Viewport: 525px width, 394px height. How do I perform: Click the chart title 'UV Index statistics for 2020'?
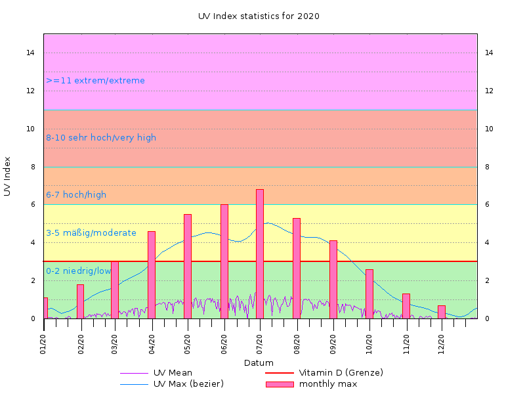click(x=259, y=16)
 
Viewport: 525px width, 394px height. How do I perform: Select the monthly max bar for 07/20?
click(x=260, y=253)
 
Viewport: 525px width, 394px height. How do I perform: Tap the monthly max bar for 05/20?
click(x=188, y=266)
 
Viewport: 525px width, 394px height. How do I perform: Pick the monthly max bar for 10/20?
click(x=369, y=294)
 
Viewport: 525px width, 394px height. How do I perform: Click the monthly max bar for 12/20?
click(x=442, y=312)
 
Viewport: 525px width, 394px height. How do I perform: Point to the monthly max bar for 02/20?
click(x=80, y=301)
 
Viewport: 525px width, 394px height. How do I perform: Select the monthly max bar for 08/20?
click(x=297, y=268)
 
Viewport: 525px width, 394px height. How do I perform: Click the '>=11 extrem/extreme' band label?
click(x=95, y=81)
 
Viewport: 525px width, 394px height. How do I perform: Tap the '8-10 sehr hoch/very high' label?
click(x=101, y=138)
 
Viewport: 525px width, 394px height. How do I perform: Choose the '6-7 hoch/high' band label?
click(x=76, y=195)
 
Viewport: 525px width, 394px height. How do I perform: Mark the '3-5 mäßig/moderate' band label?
click(x=91, y=233)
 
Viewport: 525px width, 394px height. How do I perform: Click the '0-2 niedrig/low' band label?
click(x=79, y=271)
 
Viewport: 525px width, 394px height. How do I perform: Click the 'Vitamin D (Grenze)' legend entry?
click(x=341, y=373)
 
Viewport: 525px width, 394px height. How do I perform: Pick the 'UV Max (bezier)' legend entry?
click(x=188, y=384)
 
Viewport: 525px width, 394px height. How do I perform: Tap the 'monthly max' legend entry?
click(x=327, y=384)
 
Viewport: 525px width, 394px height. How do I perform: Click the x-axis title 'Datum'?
click(x=259, y=363)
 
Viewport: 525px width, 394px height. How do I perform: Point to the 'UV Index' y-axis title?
click(x=8, y=176)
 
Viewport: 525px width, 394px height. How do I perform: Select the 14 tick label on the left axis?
click(x=31, y=53)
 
